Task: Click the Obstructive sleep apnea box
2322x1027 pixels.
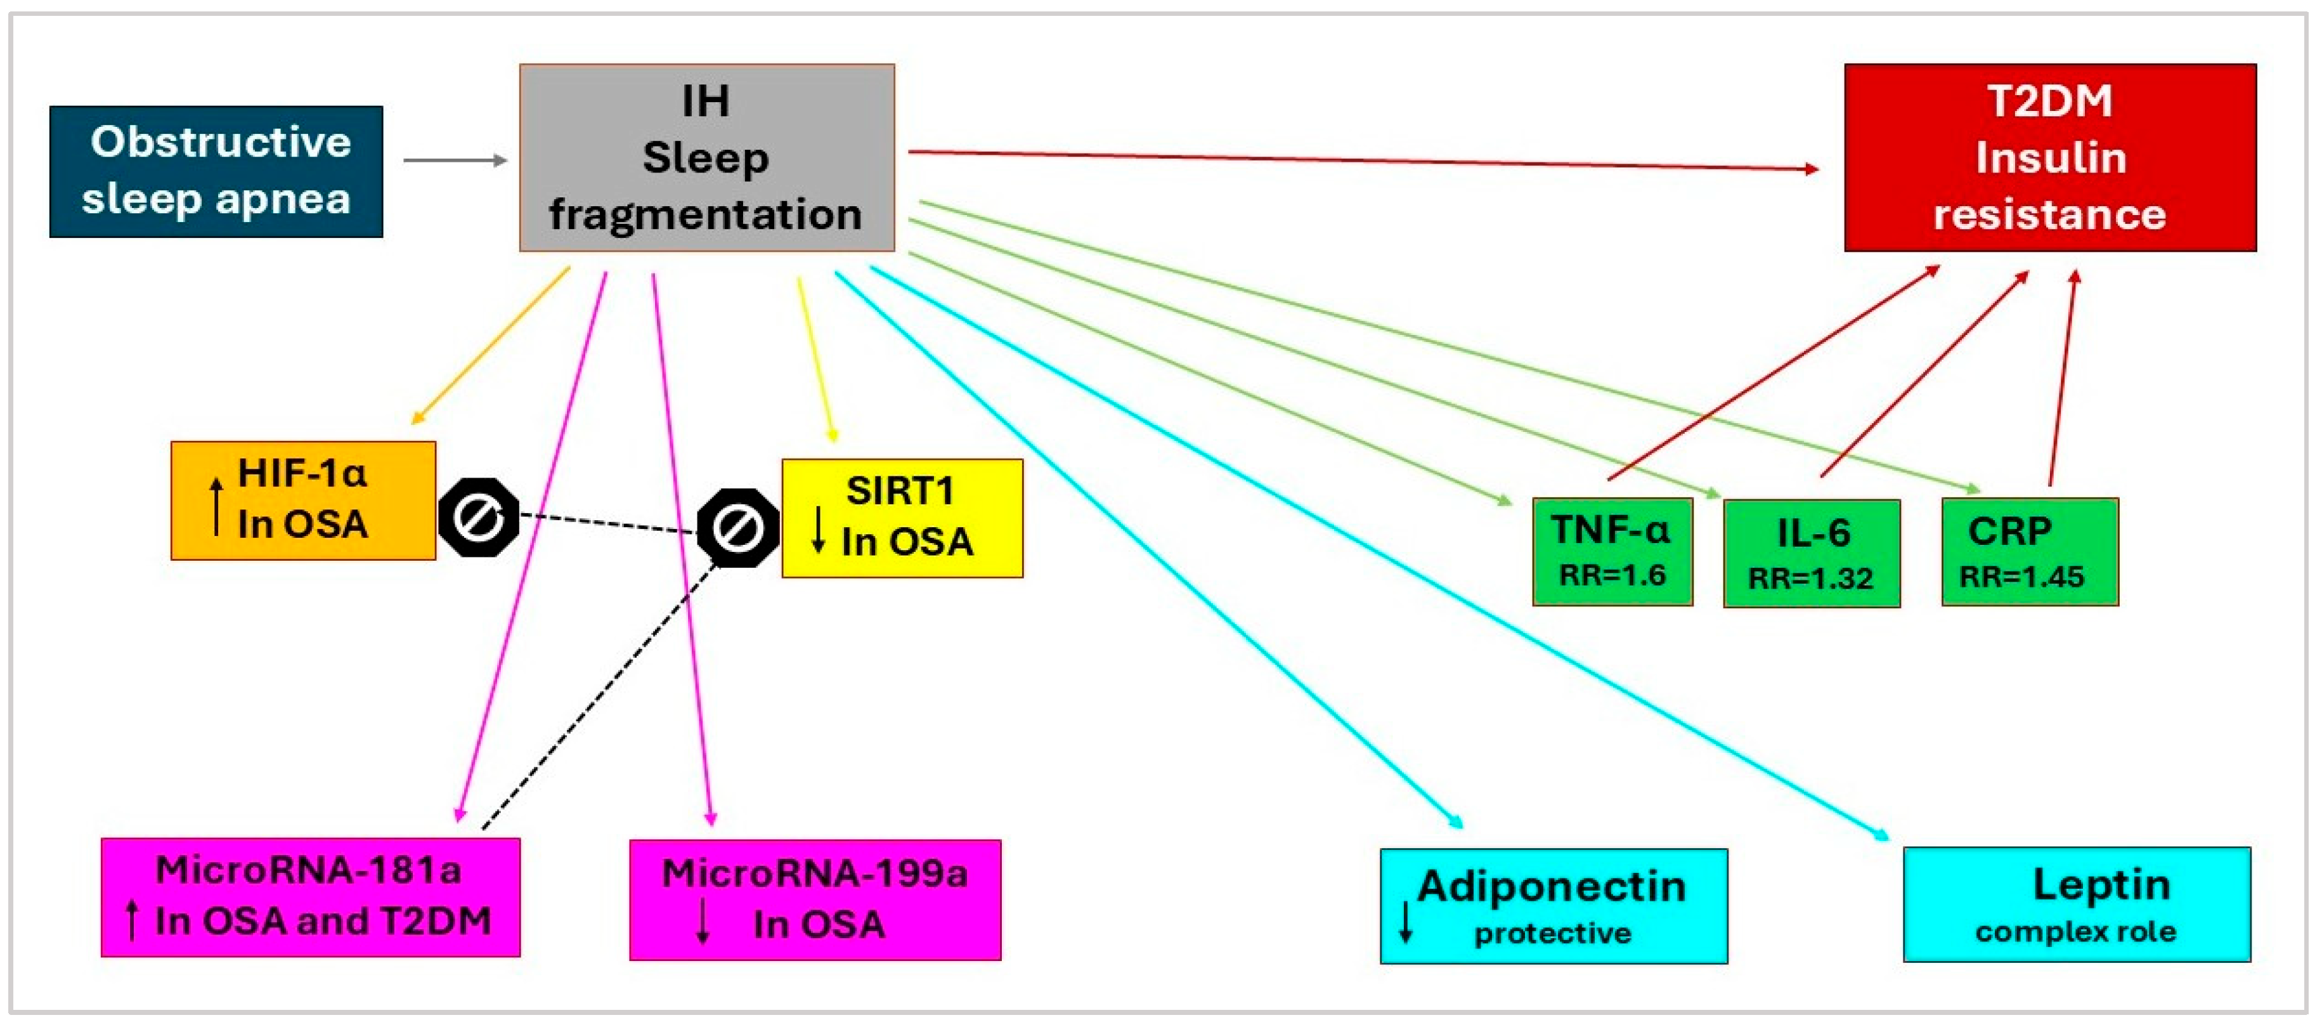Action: coord(216,171)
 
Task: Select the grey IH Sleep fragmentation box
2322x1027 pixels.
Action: coord(707,158)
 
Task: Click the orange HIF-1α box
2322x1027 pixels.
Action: coord(303,500)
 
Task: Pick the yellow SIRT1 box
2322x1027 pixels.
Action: coord(902,518)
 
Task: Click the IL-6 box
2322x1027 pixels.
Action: coord(1811,553)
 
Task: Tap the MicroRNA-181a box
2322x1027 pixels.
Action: coord(310,896)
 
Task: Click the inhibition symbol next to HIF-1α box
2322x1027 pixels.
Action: coord(479,518)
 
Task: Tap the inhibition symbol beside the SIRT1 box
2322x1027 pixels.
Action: coord(737,528)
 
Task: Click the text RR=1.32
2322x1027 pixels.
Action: coord(1810,578)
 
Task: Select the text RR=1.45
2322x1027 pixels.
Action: coord(2022,576)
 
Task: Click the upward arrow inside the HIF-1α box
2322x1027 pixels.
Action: coord(216,507)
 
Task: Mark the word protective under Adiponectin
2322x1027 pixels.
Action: coord(1552,933)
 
